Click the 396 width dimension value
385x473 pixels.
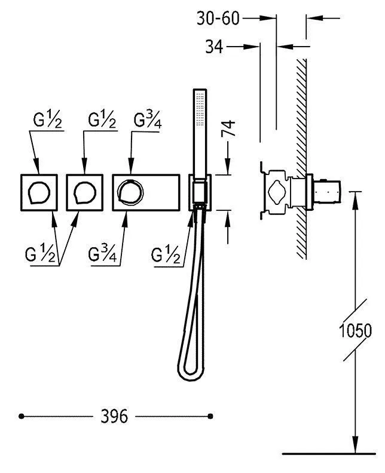tap(114, 417)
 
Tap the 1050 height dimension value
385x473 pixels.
tap(355, 331)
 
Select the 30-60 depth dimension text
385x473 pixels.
tap(218, 19)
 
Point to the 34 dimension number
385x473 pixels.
tap(214, 47)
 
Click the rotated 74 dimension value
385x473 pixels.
tap(228, 128)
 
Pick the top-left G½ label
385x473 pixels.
tap(48, 120)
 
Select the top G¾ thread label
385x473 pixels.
tap(147, 120)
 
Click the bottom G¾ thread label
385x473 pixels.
tap(102, 254)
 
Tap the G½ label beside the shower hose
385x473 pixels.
tap(166, 255)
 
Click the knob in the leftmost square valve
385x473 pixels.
tap(39, 193)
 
